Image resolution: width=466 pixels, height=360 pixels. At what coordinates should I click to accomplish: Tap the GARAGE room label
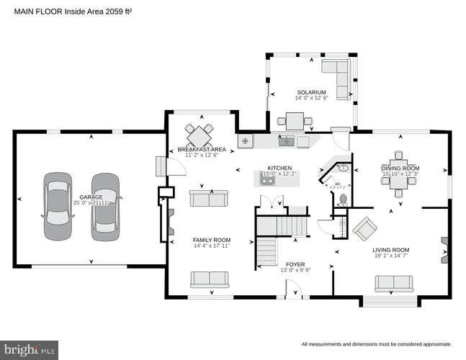pos(90,197)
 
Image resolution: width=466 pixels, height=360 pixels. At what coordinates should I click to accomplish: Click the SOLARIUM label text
pos(312,92)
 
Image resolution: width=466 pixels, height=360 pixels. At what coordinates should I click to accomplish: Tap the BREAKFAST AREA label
pos(202,149)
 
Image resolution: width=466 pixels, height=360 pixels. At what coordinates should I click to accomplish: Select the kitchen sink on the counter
pos(287,141)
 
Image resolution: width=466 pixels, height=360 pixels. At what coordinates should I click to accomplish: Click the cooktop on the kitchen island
pos(268,181)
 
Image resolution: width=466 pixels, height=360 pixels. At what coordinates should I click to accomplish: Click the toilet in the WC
pos(343,198)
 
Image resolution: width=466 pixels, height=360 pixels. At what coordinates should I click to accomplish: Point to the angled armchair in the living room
pos(365,229)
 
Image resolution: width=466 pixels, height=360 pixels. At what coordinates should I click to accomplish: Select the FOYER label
pos(295,264)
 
